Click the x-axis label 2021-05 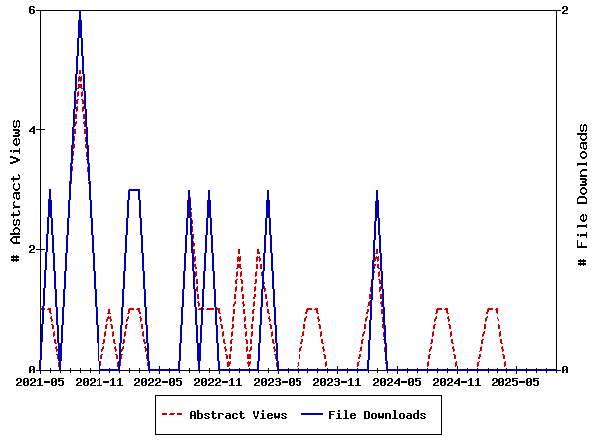coord(40,382)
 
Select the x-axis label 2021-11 coord(99,382)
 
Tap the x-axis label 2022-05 coord(159,382)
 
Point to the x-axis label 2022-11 coord(219,382)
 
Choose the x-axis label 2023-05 coord(279,382)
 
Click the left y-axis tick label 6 coord(32,10)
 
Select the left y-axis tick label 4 coord(32,130)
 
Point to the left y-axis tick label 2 coord(32,249)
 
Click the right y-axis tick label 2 coord(565,10)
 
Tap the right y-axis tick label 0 coord(565,370)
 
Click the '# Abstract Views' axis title coord(15,190)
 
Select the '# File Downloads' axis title coord(583,195)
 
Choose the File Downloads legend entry coord(377,415)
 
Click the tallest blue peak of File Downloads coord(80,11)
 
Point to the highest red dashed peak coord(80,72)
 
